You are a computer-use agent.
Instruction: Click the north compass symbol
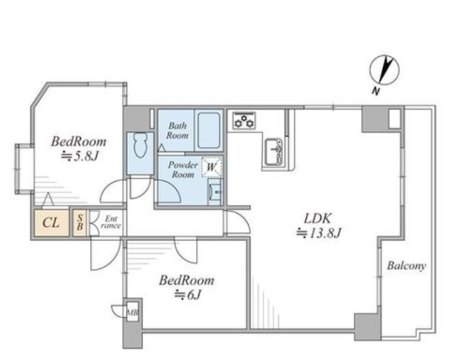pos(384,70)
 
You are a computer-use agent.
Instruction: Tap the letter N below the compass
pos(376,91)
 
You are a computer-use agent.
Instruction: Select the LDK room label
pos(318,219)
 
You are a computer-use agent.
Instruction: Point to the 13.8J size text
pos(319,233)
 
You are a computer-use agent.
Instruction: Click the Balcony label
pos(406,266)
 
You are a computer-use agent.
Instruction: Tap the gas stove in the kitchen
pos(244,121)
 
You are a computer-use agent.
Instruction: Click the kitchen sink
pos(274,152)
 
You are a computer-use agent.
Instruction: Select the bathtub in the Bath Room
pos(208,131)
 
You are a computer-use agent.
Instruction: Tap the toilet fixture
pos(141,146)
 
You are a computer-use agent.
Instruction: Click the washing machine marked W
pos(212,167)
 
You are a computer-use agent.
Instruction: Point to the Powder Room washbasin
pos(215,192)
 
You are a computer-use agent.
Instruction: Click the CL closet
pos(51,223)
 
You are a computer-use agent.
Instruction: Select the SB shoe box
pos(79,222)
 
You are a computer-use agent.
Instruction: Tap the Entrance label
pos(111,222)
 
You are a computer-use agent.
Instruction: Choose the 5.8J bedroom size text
pos(79,157)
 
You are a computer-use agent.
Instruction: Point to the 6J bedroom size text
pos(188,295)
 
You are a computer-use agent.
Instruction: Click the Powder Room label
pos(183,170)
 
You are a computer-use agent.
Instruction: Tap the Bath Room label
pos(177,131)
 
